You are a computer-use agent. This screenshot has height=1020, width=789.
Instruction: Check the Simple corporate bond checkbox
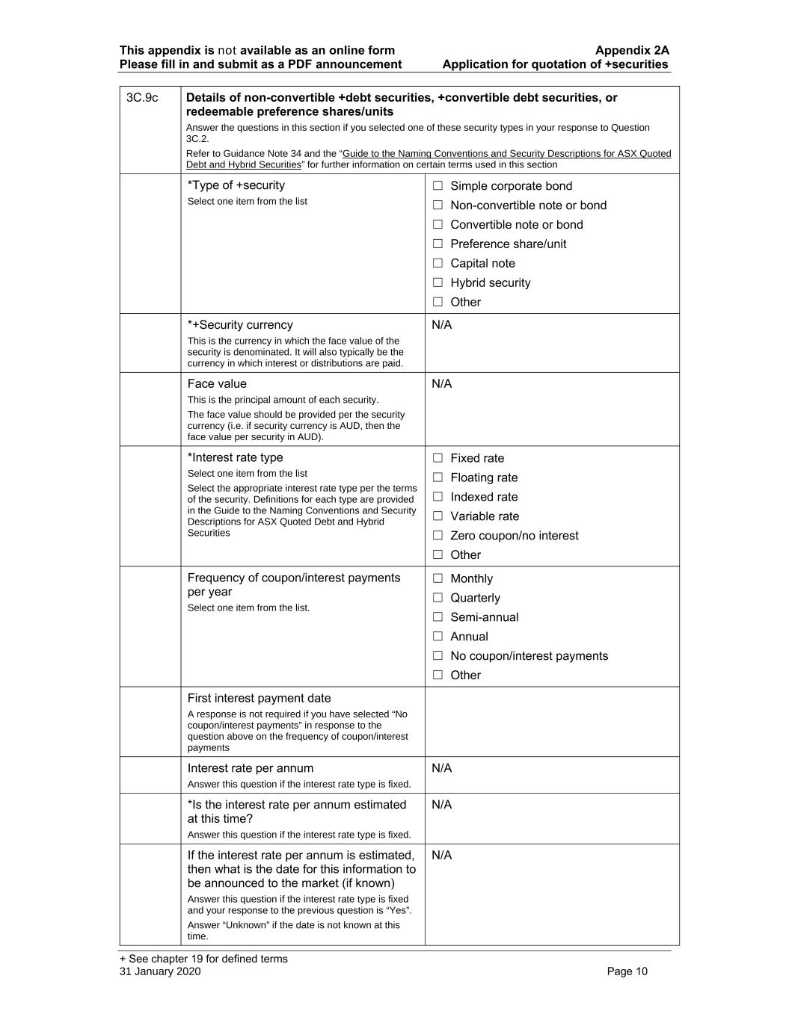click(x=438, y=186)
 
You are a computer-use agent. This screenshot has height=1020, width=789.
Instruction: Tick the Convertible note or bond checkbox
click(x=438, y=225)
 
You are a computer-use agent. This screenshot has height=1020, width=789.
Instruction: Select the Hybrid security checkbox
click(x=438, y=282)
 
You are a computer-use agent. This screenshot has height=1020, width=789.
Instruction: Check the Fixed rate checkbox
click(x=438, y=458)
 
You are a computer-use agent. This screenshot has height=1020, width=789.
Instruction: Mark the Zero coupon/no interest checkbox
click(x=438, y=536)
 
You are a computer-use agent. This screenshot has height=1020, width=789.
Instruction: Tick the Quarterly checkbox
click(x=438, y=598)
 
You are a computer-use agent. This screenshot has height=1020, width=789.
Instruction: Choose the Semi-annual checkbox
click(x=438, y=617)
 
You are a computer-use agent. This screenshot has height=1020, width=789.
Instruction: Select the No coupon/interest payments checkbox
click(x=438, y=656)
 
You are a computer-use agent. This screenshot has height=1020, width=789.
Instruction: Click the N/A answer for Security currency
click(x=442, y=325)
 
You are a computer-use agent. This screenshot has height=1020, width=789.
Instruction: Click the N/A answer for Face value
click(x=442, y=384)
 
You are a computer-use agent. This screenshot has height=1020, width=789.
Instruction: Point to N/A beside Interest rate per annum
click(x=442, y=768)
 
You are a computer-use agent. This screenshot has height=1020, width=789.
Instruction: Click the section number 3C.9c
click(x=142, y=98)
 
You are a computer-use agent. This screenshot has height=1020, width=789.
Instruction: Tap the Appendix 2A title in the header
click(x=632, y=51)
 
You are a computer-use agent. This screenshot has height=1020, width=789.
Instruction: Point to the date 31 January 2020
click(x=160, y=971)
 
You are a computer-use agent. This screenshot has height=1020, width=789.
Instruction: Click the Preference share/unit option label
click(x=508, y=244)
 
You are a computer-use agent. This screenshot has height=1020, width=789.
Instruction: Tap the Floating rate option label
click(x=484, y=477)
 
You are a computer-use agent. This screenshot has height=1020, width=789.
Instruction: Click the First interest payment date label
click(x=259, y=698)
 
